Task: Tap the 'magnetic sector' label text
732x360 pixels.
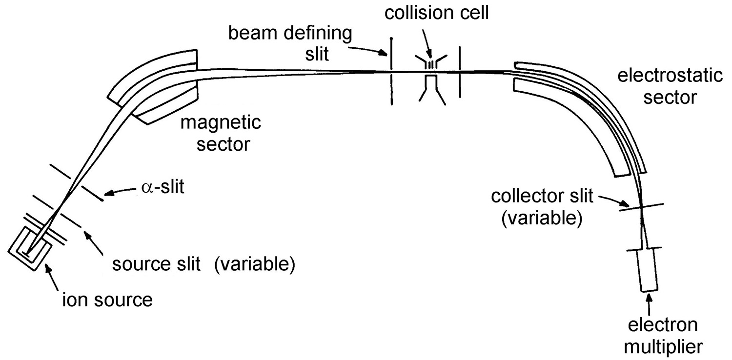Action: (221, 134)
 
